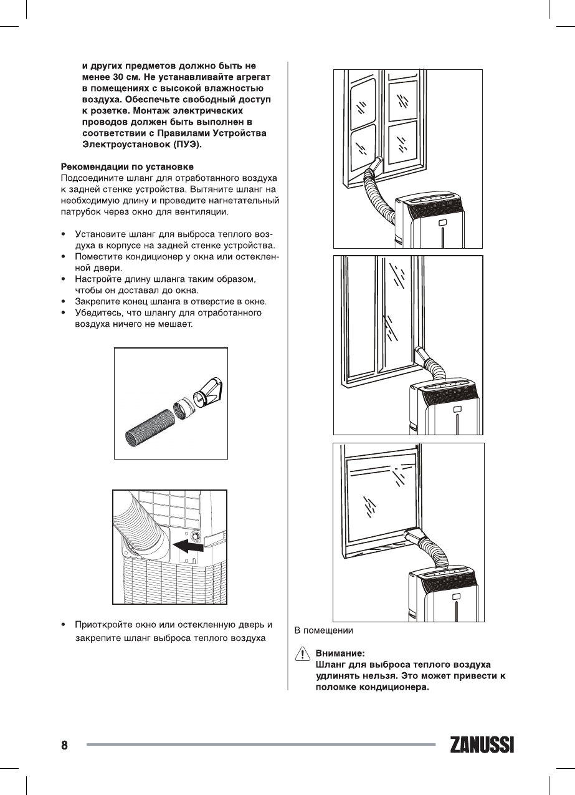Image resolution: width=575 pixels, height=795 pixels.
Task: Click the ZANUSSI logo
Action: click(x=481, y=746)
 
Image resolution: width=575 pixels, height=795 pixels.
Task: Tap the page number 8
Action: click(x=64, y=745)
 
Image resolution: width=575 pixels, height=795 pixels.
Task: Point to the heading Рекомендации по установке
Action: click(x=126, y=166)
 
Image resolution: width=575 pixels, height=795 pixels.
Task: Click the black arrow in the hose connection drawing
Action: click(x=189, y=547)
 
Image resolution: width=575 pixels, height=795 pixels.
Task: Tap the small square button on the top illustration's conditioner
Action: click(x=442, y=223)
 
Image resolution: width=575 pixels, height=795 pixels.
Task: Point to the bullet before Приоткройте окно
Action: click(x=64, y=625)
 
